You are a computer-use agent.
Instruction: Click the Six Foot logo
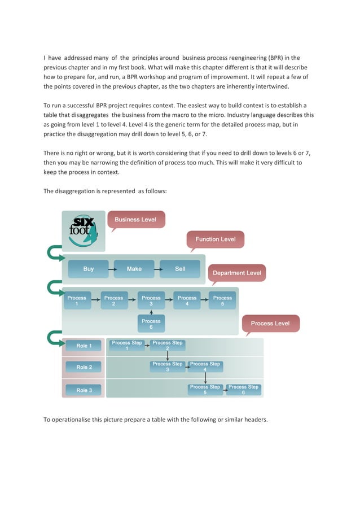[83, 229]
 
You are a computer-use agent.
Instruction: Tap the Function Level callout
[216, 239]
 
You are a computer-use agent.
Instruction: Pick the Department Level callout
[236, 273]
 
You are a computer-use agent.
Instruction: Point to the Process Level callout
[270, 324]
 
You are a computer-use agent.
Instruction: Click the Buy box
[88, 269]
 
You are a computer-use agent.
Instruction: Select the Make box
[134, 269]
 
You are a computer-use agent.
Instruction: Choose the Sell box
[180, 269]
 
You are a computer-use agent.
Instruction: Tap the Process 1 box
[77, 300]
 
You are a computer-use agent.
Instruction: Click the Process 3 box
[151, 300]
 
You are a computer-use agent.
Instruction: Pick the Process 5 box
[222, 300]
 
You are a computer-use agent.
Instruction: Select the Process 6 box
[151, 324]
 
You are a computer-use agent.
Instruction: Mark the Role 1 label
[84, 345]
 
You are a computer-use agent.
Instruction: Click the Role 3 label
[84, 390]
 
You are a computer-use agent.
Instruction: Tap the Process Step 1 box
[127, 345]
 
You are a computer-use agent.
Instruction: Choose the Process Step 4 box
[205, 367]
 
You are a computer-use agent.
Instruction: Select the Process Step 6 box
[243, 390]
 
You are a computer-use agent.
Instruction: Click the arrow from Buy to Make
[111, 269]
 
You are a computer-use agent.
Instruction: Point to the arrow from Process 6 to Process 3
[151, 312]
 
